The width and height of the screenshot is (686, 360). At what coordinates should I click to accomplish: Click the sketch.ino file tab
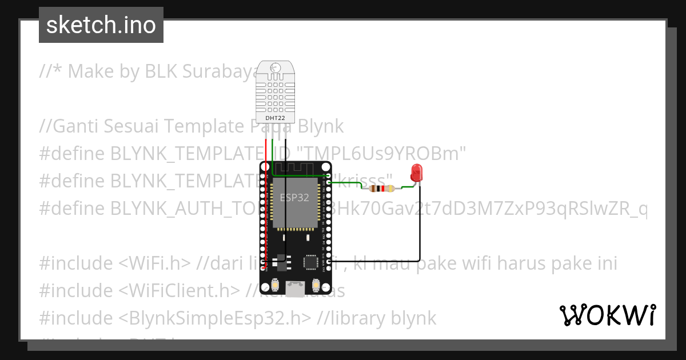pyautogui.click(x=101, y=25)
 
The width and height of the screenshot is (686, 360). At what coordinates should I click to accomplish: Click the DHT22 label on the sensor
pyautogui.click(x=276, y=118)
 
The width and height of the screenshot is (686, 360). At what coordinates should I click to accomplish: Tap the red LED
pyautogui.click(x=416, y=171)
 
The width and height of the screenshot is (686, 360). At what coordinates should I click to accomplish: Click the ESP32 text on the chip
pyautogui.click(x=294, y=198)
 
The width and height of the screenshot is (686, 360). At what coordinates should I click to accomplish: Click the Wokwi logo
pyautogui.click(x=607, y=315)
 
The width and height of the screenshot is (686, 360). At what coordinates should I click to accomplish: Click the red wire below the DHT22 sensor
pyautogui.click(x=265, y=151)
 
